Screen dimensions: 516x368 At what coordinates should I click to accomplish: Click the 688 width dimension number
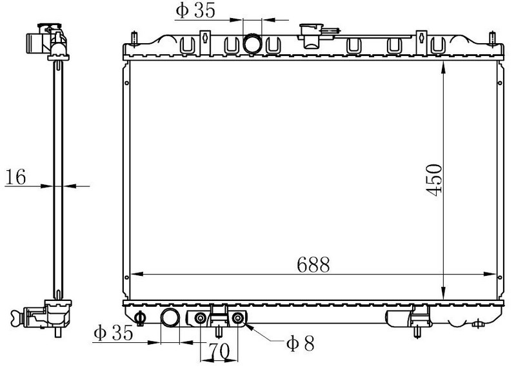pyautogui.click(x=313, y=264)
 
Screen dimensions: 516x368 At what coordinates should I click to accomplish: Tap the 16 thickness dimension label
pyautogui.click(x=15, y=177)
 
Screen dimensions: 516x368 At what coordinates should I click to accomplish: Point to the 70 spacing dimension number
pyautogui.click(x=219, y=351)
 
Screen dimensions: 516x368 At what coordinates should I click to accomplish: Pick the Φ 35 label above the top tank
pyautogui.click(x=195, y=10)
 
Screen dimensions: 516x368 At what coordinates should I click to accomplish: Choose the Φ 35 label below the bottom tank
pyautogui.click(x=114, y=333)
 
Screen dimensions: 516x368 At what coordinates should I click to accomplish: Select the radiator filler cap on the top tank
pyautogui.click(x=311, y=35)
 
